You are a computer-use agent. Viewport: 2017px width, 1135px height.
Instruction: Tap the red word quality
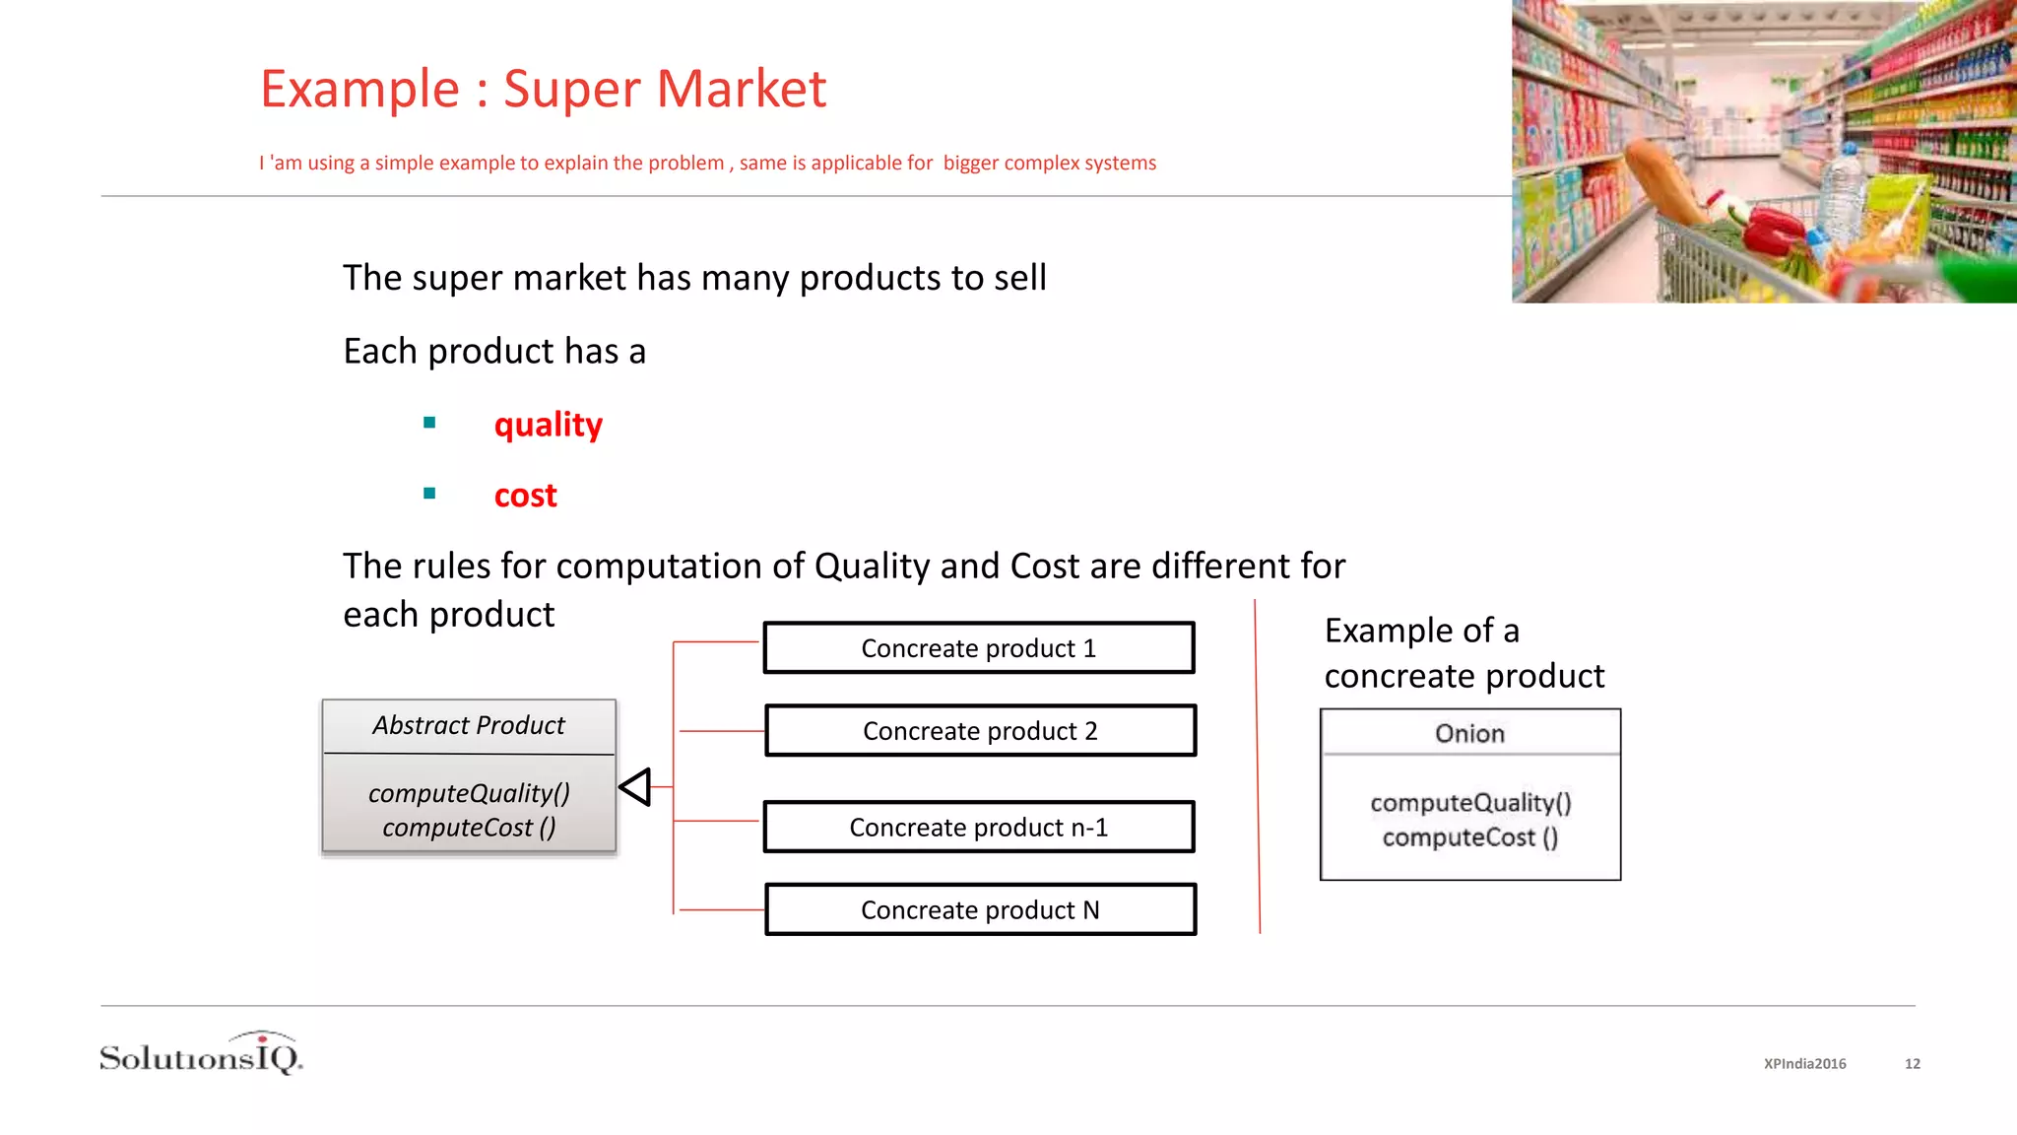click(x=548, y=425)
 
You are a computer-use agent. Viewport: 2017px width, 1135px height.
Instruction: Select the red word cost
click(x=525, y=496)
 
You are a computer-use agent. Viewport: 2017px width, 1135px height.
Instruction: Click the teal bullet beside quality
click(x=429, y=423)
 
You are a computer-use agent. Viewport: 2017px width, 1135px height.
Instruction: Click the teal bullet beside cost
click(x=429, y=494)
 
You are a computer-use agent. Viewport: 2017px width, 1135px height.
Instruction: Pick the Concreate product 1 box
click(x=979, y=648)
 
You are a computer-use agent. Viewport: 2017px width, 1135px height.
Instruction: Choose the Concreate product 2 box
click(x=980, y=731)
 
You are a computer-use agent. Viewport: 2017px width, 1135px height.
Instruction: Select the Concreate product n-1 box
click(x=979, y=828)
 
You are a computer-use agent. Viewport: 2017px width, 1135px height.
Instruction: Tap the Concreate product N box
click(x=980, y=910)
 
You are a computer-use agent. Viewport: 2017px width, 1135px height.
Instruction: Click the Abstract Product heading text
click(x=469, y=726)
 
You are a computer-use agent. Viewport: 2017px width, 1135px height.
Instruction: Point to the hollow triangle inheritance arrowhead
click(x=636, y=787)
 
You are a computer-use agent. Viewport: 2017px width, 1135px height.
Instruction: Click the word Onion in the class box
click(x=1469, y=734)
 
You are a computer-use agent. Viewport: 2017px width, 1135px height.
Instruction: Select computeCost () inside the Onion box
click(x=1469, y=838)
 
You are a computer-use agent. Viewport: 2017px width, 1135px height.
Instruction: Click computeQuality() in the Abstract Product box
click(x=469, y=793)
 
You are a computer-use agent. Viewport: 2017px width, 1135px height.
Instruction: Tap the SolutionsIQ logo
click(x=202, y=1055)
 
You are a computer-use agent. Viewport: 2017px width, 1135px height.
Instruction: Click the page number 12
click(x=1912, y=1064)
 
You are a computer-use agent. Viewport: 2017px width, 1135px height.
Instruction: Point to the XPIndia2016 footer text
click(x=1804, y=1064)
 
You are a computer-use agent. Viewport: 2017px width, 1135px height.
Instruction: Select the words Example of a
click(x=1421, y=631)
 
